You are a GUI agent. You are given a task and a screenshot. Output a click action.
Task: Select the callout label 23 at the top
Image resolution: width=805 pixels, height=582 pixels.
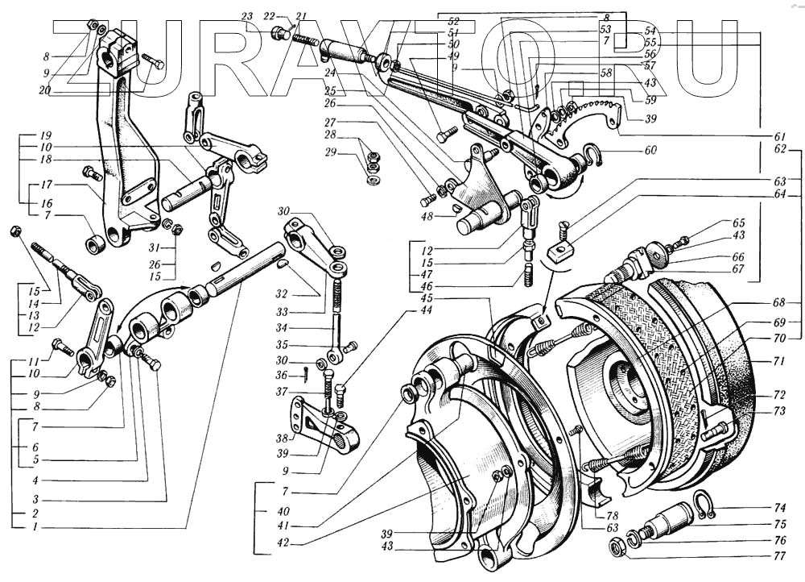pos(246,17)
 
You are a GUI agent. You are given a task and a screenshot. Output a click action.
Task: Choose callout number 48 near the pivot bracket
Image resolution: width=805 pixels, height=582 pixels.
pos(426,217)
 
